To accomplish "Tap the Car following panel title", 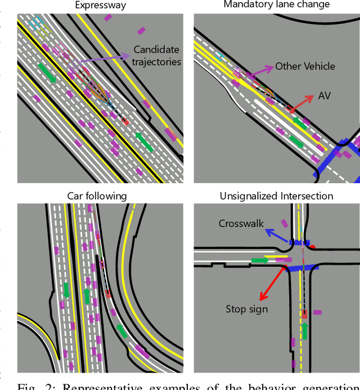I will pyautogui.click(x=97, y=196).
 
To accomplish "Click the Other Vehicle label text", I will pyautogui.click(x=304, y=66).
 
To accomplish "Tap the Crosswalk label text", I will pyautogui.click(x=241, y=224).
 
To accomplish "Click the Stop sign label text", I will pyautogui.click(x=246, y=309).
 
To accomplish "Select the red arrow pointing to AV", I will pyautogui.click(x=301, y=103).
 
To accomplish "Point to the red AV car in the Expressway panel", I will pyautogui.click(x=125, y=121).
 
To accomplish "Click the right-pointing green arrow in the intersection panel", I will pyautogui.click(x=260, y=260).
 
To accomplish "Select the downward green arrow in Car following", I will pyautogui.click(x=66, y=290).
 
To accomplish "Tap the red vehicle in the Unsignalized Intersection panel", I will pyautogui.click(x=304, y=315).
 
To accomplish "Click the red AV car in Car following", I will pyautogui.click(x=108, y=293).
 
